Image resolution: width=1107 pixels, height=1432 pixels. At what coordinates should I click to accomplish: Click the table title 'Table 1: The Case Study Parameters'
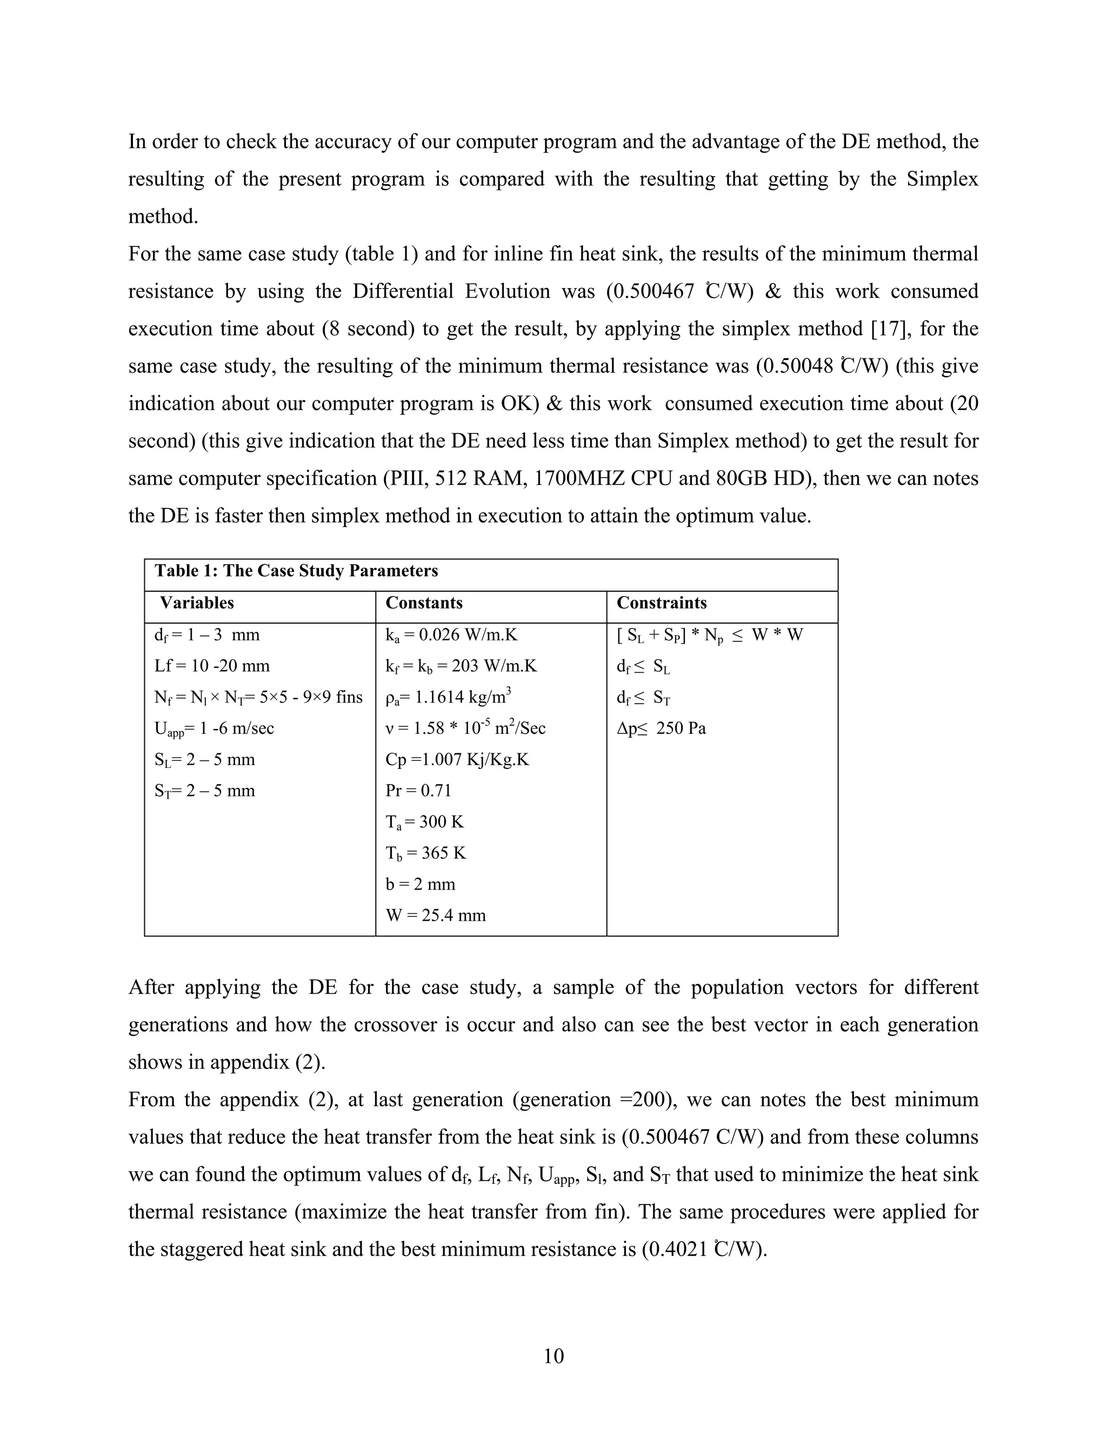pos(296,571)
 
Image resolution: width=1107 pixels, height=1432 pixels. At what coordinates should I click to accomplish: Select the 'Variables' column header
pos(197,603)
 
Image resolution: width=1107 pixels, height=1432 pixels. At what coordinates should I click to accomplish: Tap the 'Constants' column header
pos(424,603)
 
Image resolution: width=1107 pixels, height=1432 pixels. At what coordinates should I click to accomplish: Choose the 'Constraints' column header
pos(661,603)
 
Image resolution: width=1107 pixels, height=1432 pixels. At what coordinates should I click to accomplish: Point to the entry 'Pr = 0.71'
pos(418,790)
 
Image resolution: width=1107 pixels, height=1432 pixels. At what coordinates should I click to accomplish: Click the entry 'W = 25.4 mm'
pos(436,915)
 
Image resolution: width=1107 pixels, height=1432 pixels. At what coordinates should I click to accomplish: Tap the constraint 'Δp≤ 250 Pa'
pos(661,728)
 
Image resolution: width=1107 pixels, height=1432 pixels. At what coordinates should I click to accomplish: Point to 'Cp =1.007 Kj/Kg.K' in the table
pos(457,759)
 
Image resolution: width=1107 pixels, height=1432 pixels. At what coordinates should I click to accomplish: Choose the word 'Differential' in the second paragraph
pos(403,291)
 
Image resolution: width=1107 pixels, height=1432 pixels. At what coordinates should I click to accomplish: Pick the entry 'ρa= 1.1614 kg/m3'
pos(448,697)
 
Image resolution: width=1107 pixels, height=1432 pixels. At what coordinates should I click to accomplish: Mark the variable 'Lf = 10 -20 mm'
pos(212,666)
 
